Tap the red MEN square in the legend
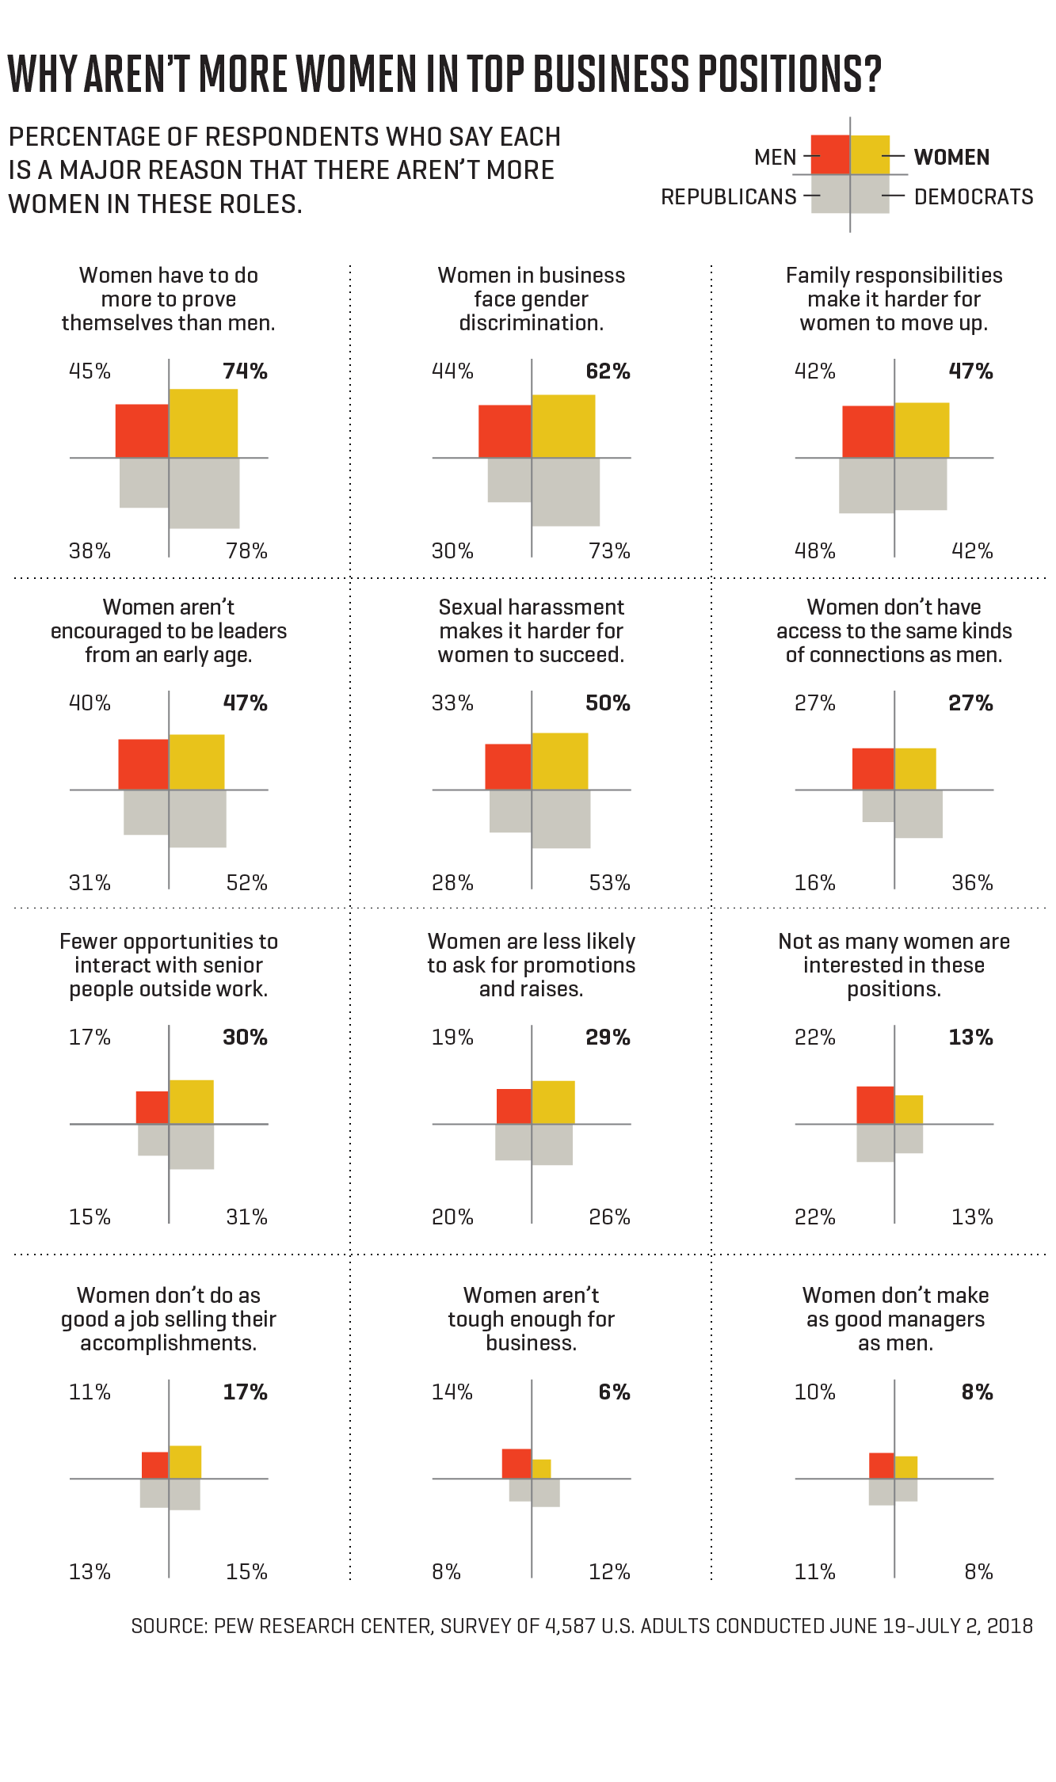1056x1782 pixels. coord(830,155)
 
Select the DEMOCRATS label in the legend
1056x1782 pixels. coord(974,197)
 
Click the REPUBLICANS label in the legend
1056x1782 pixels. coord(729,197)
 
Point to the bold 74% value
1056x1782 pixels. coord(245,371)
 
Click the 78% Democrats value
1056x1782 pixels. coord(246,551)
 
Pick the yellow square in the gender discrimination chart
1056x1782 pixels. coord(563,426)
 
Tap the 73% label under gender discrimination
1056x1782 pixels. coord(609,551)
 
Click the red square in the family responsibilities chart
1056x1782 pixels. coord(868,432)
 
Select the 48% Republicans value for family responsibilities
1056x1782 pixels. coord(815,551)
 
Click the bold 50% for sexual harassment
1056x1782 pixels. coord(608,703)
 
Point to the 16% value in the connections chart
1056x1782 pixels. coord(815,883)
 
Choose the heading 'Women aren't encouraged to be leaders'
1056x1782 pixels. coord(169,631)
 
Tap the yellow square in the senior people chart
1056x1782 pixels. coord(192,1102)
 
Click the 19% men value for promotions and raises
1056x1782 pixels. coord(452,1038)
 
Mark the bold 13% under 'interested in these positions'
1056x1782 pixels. coord(970,1038)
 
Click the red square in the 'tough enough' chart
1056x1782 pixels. coord(517,1464)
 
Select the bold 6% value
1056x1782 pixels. coord(614,1392)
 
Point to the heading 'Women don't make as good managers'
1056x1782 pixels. coord(895,1319)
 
